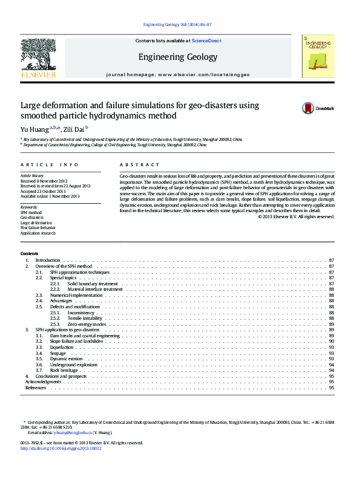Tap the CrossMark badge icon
click(x=309, y=108)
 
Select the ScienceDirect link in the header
click(x=206, y=41)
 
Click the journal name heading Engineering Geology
click(x=177, y=57)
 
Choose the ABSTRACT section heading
click(x=139, y=164)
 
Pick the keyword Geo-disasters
click(x=31, y=218)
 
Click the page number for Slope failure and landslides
click(x=332, y=342)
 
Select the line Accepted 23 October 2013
click(x=43, y=191)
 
